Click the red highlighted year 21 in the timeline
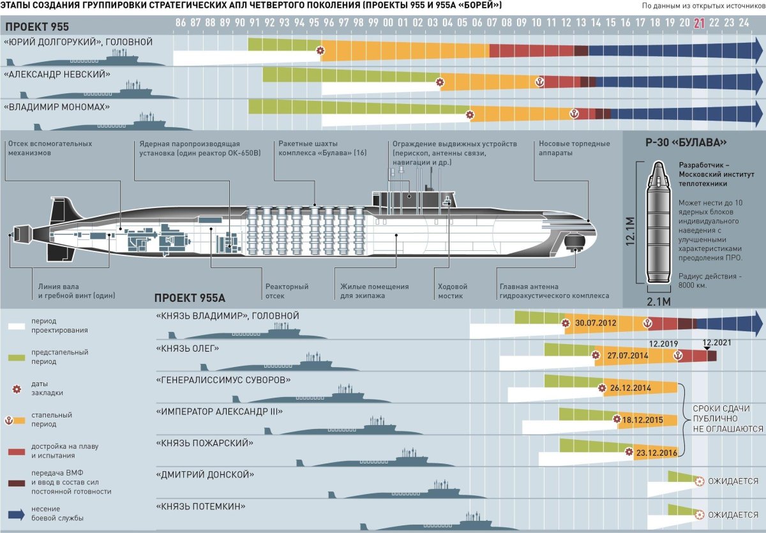click(700, 23)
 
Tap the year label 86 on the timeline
click(181, 22)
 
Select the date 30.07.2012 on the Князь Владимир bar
click(596, 323)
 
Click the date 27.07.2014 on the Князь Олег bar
click(627, 356)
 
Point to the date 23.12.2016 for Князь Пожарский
click(657, 453)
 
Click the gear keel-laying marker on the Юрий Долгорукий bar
click(320, 50)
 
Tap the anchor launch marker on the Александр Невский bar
click(539, 82)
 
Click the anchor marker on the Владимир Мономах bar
click(574, 114)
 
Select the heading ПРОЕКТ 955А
click(190, 298)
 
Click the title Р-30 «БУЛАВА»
click(686, 142)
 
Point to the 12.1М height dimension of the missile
click(630, 231)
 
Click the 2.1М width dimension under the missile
click(659, 301)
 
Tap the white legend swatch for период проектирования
click(17, 326)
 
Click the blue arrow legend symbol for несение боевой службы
click(17, 514)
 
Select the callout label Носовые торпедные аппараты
click(574, 148)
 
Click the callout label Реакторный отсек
click(287, 291)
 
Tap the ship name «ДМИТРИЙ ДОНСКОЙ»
click(205, 474)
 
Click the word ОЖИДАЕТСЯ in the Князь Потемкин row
click(733, 515)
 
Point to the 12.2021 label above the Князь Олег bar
click(717, 343)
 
